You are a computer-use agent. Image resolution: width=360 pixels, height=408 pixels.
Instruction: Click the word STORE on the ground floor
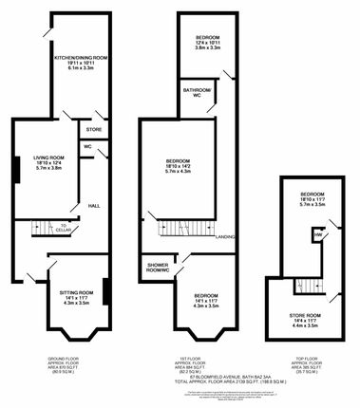[x=93, y=128]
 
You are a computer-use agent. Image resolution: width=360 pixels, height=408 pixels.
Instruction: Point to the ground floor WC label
[x=86, y=148]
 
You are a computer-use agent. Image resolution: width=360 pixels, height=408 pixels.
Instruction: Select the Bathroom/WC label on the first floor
[x=198, y=92]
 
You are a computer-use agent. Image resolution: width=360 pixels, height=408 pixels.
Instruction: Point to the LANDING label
[x=225, y=236]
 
